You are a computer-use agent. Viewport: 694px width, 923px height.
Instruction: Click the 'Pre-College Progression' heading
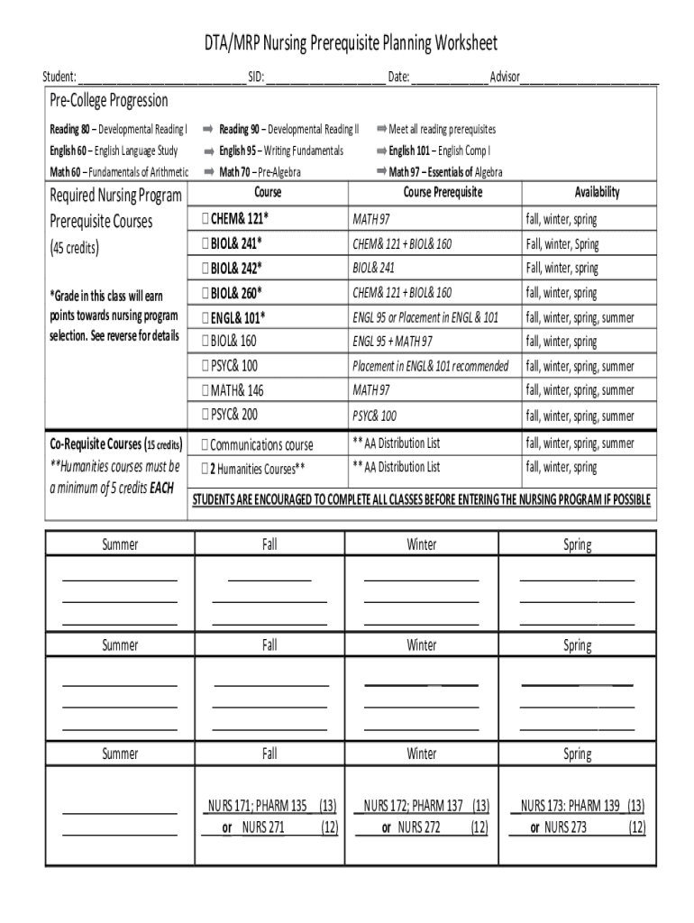[x=108, y=100]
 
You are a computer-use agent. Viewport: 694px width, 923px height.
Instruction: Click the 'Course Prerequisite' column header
[x=443, y=193]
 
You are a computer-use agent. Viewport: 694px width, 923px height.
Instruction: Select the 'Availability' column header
[x=597, y=193]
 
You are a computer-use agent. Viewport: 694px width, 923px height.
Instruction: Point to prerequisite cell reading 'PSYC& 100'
[x=374, y=416]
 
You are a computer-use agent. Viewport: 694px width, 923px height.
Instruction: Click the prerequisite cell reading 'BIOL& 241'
[x=373, y=269]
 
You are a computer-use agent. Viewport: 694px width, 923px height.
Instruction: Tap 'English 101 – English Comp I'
[x=439, y=151]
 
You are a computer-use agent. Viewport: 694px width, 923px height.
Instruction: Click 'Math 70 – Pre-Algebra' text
[x=260, y=171]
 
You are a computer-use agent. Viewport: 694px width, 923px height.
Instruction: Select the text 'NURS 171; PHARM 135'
[x=259, y=805]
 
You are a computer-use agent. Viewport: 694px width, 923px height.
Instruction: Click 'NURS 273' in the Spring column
[x=565, y=827]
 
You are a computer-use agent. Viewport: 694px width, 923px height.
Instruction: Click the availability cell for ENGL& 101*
[x=580, y=317]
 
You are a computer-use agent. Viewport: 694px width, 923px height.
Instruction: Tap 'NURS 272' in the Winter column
[x=419, y=827]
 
